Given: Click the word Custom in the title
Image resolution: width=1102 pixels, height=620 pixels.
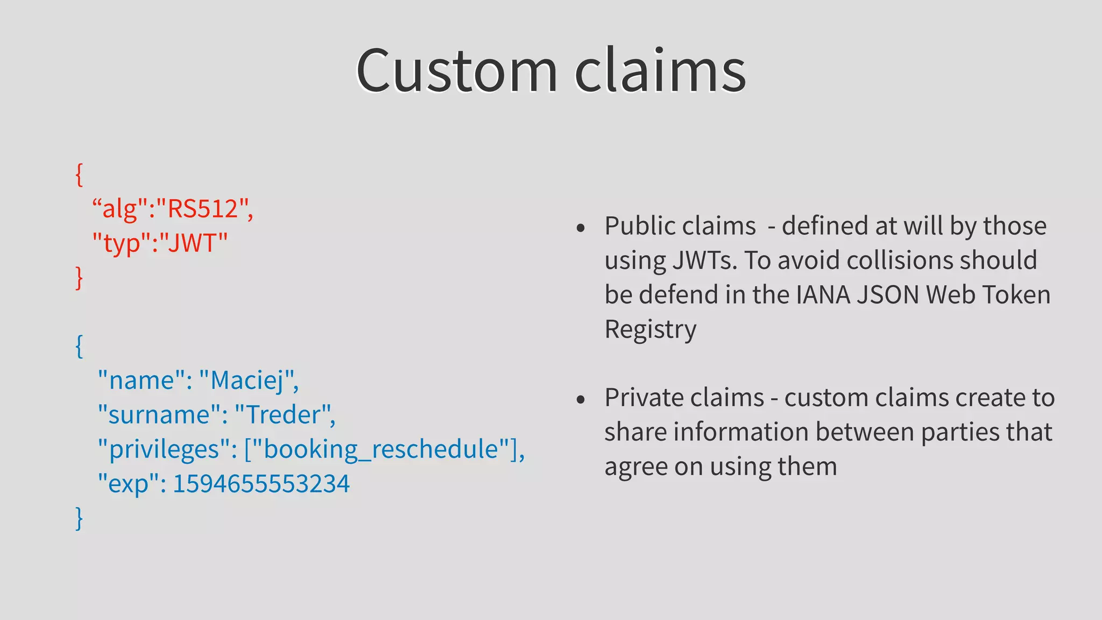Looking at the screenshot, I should click(456, 71).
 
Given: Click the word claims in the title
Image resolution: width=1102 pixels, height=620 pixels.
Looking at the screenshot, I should click(660, 71).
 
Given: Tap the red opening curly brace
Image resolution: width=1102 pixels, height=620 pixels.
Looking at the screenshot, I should click(79, 175).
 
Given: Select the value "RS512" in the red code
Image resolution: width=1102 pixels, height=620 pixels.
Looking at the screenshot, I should click(202, 209).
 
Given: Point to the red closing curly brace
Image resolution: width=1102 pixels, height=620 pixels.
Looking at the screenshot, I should click(79, 278).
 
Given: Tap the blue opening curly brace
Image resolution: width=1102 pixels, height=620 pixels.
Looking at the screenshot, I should click(79, 346).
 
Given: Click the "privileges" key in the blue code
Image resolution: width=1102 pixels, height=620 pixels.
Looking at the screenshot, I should click(166, 449).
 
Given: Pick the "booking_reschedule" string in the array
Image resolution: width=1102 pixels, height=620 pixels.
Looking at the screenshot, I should click(382, 449).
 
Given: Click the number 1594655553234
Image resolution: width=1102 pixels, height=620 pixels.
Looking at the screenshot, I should click(261, 484).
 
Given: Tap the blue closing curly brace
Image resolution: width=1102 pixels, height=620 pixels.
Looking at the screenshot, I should click(79, 518).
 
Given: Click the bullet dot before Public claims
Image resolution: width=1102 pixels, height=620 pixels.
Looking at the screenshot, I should click(580, 228).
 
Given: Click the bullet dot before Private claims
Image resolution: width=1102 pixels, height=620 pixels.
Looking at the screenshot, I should click(580, 400).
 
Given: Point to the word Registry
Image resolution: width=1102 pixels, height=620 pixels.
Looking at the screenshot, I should click(650, 329).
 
